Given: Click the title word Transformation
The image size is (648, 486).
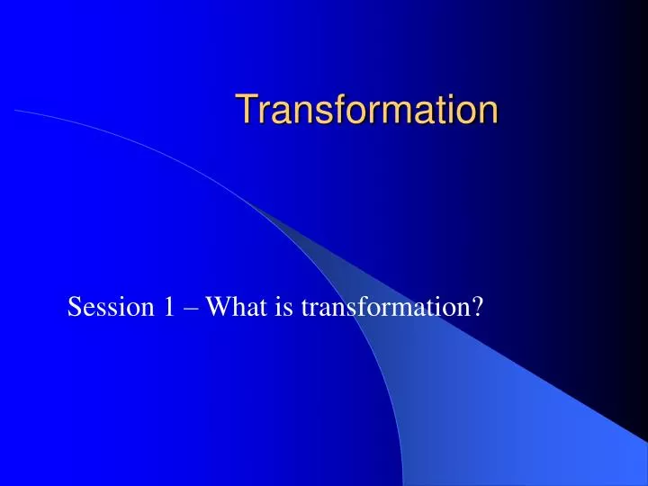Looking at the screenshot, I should (367, 110).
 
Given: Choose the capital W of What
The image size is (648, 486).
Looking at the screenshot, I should (216, 309).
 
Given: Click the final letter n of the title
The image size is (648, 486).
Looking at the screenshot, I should (487, 112).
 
